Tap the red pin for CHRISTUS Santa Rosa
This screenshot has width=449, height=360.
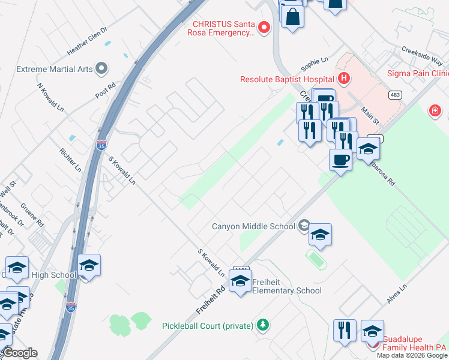tap(264, 28)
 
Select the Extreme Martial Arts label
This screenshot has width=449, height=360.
tap(55, 69)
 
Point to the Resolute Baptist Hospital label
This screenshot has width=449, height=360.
tap(287, 79)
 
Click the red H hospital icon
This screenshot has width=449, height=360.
tap(343, 78)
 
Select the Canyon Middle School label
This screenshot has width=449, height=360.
tap(254, 226)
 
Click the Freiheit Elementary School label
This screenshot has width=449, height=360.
tap(287, 286)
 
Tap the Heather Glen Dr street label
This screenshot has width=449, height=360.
tap(87, 41)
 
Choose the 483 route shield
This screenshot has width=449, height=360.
tap(395, 95)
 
